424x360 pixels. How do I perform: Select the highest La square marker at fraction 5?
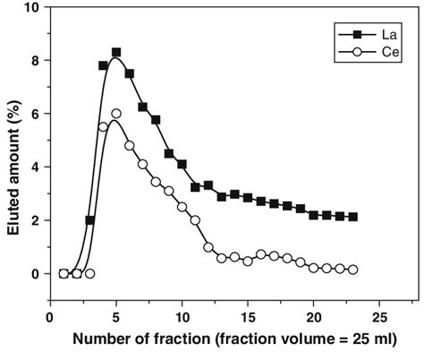116,53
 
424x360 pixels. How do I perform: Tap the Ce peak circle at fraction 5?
116,114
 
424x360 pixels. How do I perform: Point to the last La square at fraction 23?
353,217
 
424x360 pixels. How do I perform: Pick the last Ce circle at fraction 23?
353,270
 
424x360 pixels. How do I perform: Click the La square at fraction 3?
89,220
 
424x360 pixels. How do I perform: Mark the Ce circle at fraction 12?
208,247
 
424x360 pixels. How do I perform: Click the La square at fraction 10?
182,165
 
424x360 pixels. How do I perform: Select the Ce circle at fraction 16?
261,254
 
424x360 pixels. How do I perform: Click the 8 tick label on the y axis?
37,61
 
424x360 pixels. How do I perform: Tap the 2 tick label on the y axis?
37,220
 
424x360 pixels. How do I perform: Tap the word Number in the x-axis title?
104,342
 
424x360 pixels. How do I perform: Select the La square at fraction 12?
208,185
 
